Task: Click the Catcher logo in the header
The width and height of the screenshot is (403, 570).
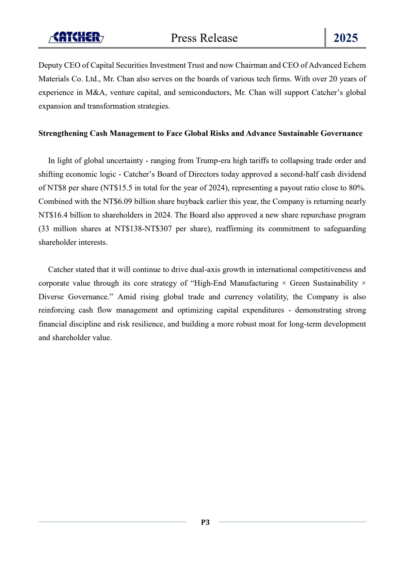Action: coord(76,37)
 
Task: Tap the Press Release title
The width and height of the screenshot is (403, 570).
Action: coord(204,38)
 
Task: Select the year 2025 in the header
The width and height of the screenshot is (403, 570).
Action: coord(345,38)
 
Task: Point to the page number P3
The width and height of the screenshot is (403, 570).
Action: coord(205,522)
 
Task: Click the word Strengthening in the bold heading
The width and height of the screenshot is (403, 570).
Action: coord(63,133)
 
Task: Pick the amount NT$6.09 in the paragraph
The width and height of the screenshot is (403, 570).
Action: coord(117,202)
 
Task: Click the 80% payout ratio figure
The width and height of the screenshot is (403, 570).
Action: coord(357,188)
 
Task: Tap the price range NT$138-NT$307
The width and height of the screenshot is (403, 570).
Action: coord(143,229)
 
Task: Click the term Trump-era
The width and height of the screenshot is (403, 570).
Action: coord(213,161)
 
